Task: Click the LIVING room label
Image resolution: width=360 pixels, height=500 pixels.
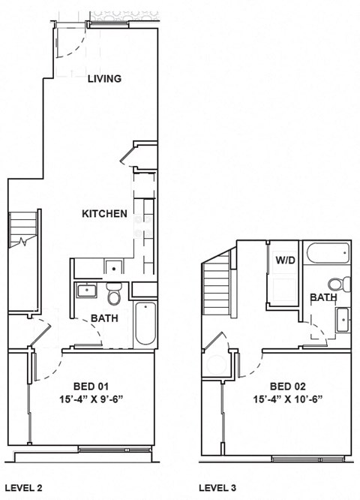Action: coord(104,79)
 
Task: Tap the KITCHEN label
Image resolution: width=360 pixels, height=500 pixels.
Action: coord(104,214)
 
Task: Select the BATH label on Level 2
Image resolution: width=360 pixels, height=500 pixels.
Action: coord(104,318)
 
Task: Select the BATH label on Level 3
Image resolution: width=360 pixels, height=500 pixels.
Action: coord(323,298)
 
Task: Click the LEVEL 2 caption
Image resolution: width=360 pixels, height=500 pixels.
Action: coord(23,488)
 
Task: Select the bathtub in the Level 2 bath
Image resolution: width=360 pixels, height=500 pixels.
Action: coord(144,324)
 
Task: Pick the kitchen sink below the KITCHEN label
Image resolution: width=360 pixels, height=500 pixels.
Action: coord(112,266)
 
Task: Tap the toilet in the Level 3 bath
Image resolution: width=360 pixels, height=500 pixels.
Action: coord(343,285)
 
